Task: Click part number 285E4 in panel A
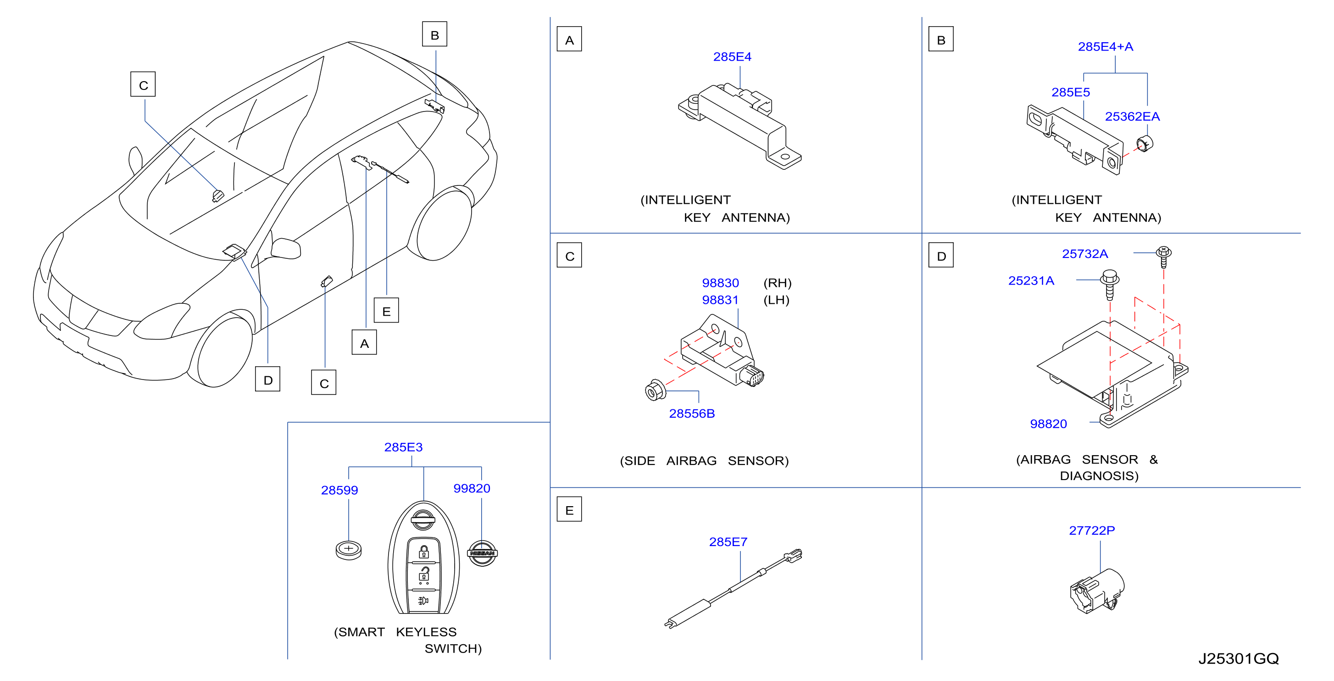tap(732, 57)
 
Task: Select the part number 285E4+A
tap(1105, 47)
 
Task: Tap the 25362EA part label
tap(1132, 117)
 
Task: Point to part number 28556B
tap(691, 413)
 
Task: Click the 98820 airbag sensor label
tap(1048, 424)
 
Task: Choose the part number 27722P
tap(1092, 530)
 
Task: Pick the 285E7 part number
tap(728, 541)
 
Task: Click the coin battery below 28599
tap(349, 549)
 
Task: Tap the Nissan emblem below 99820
tap(482, 553)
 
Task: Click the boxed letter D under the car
tap(268, 380)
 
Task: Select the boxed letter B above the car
tap(434, 35)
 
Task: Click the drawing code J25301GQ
tap(1238, 659)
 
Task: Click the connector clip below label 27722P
tap(1097, 592)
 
